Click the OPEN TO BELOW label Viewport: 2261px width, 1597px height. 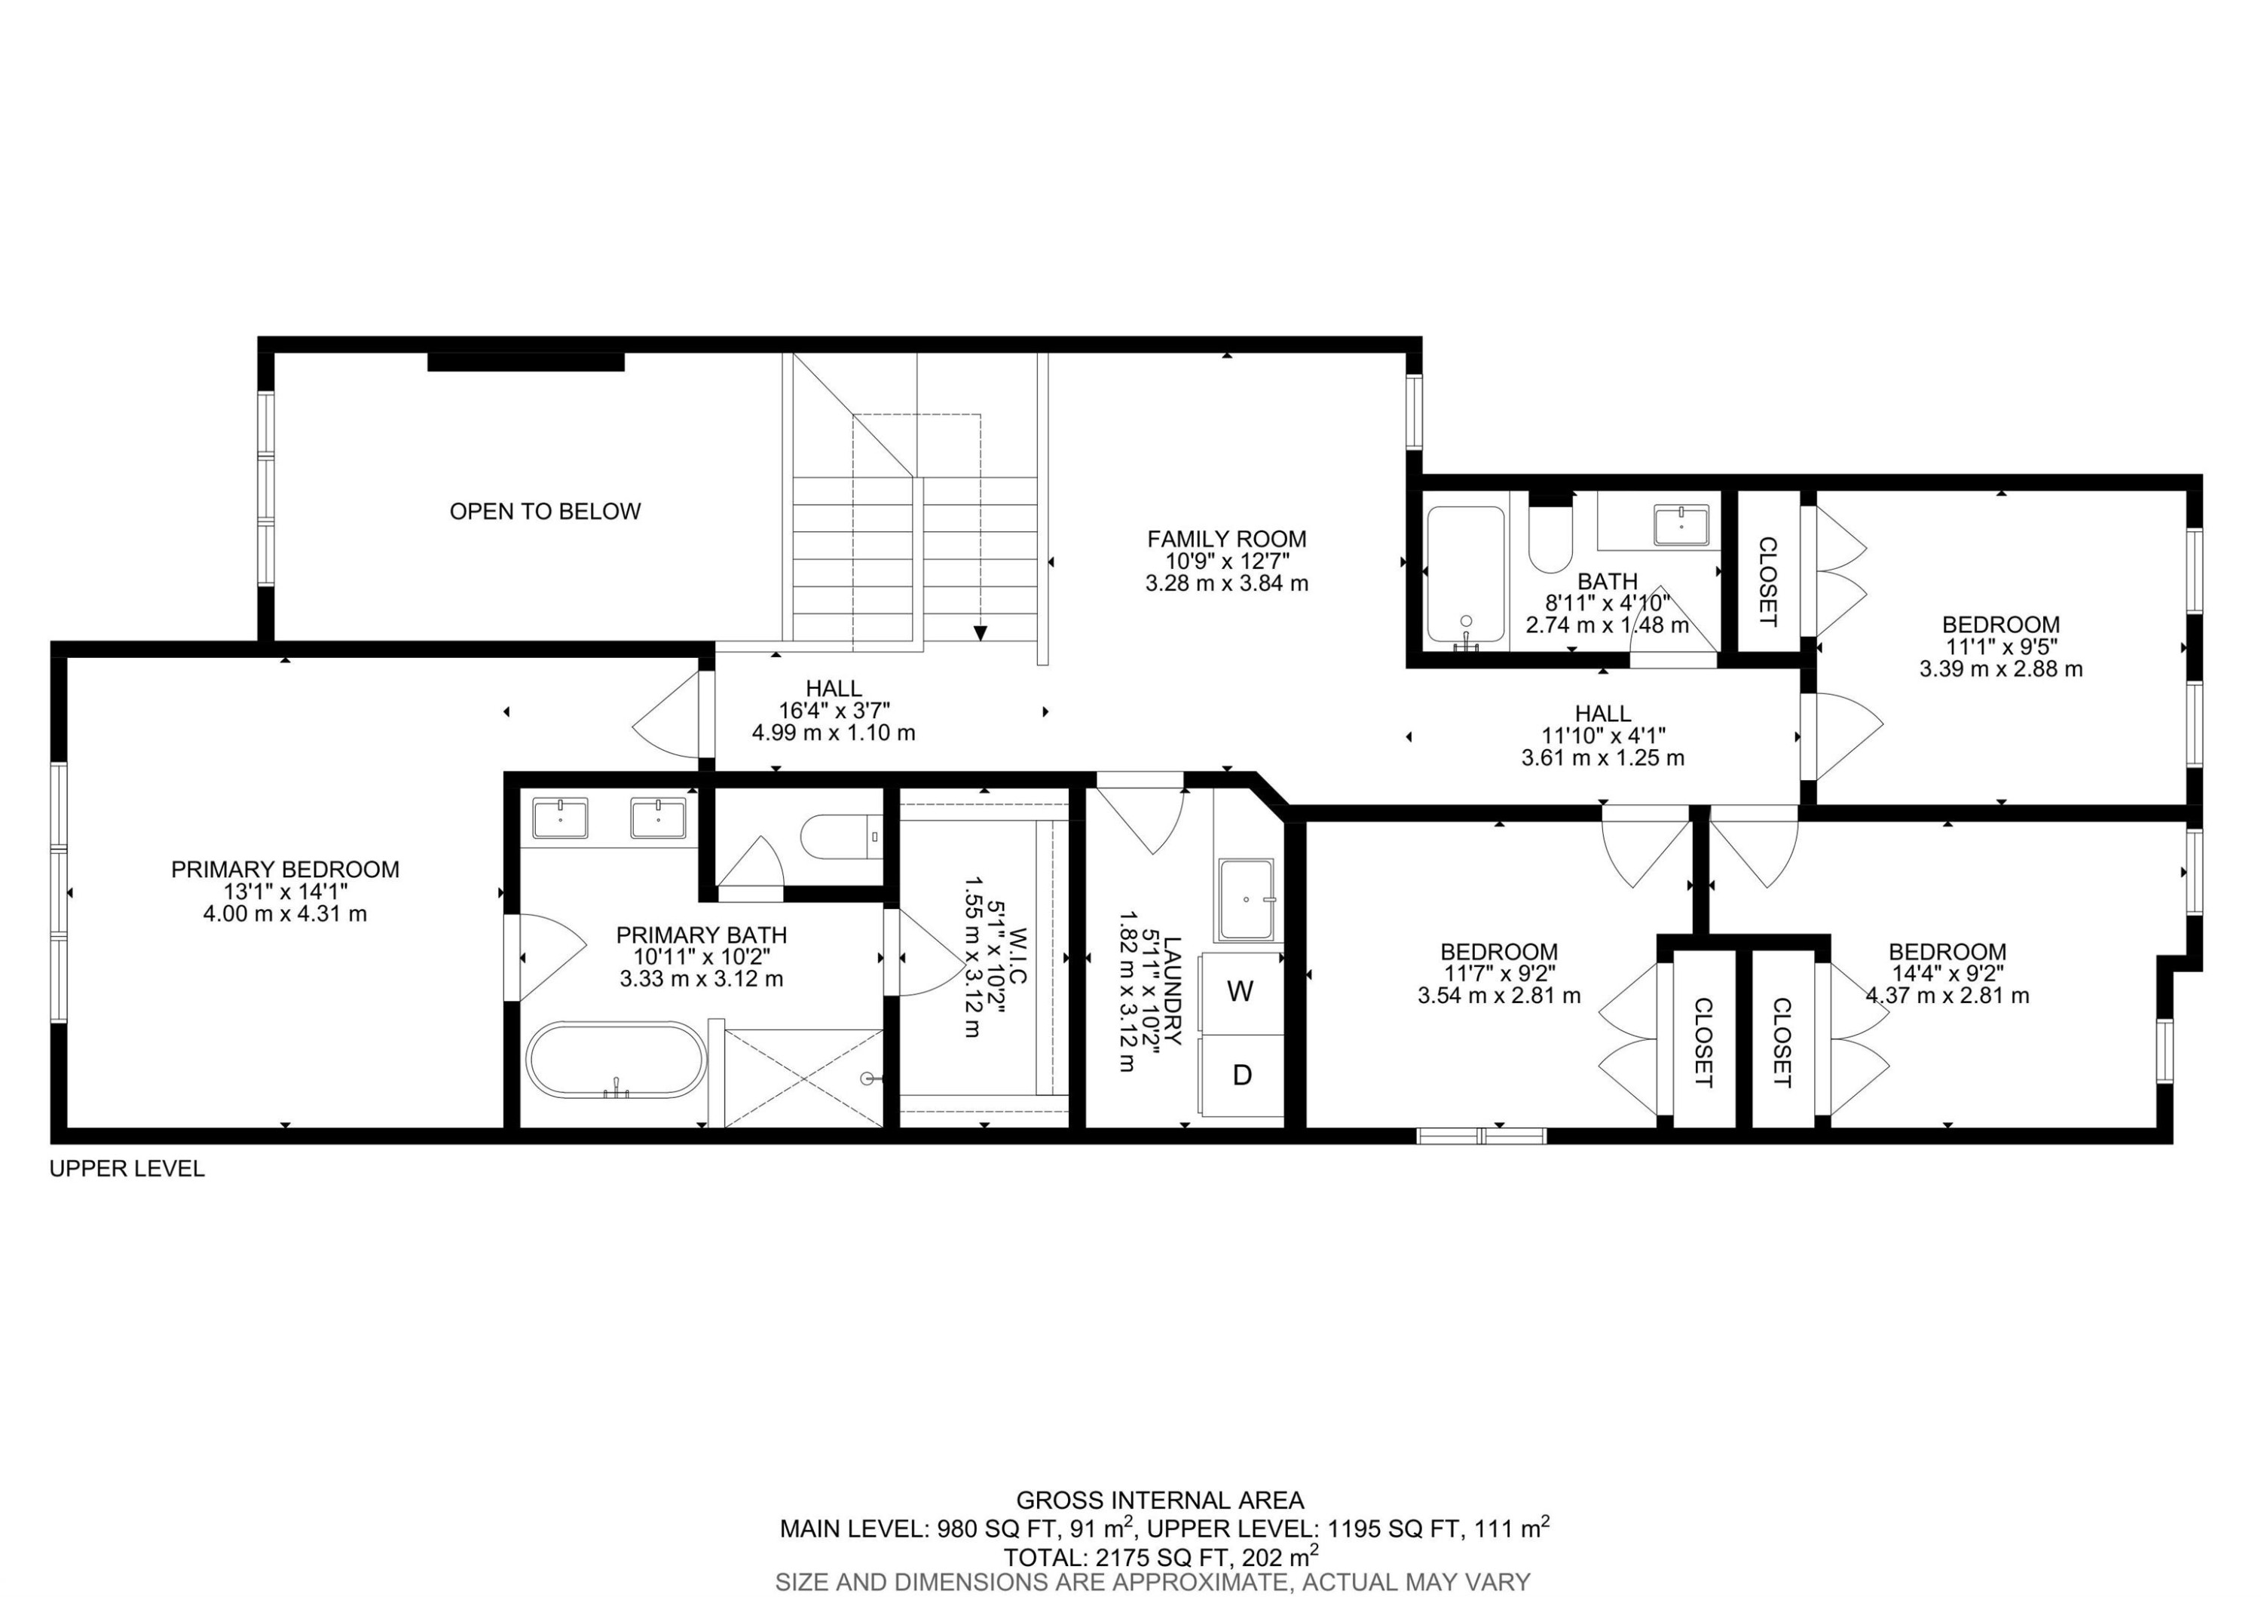pyautogui.click(x=545, y=511)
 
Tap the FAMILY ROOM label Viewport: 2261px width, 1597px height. pyautogui.click(x=1226, y=539)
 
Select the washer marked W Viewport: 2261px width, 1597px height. pyautogui.click(x=1240, y=993)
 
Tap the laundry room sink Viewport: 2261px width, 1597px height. pyautogui.click(x=1246, y=899)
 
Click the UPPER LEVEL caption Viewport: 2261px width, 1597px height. pyautogui.click(x=127, y=1169)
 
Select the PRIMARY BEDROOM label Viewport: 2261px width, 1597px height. pyautogui.click(x=285, y=870)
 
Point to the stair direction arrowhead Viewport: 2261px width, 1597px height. pyautogui.click(x=980, y=633)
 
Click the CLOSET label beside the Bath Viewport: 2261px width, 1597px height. pyautogui.click(x=1767, y=582)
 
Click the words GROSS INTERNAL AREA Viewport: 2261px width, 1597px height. pyautogui.click(x=1159, y=1501)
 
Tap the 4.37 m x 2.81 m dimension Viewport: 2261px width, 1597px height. pyautogui.click(x=1947, y=996)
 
